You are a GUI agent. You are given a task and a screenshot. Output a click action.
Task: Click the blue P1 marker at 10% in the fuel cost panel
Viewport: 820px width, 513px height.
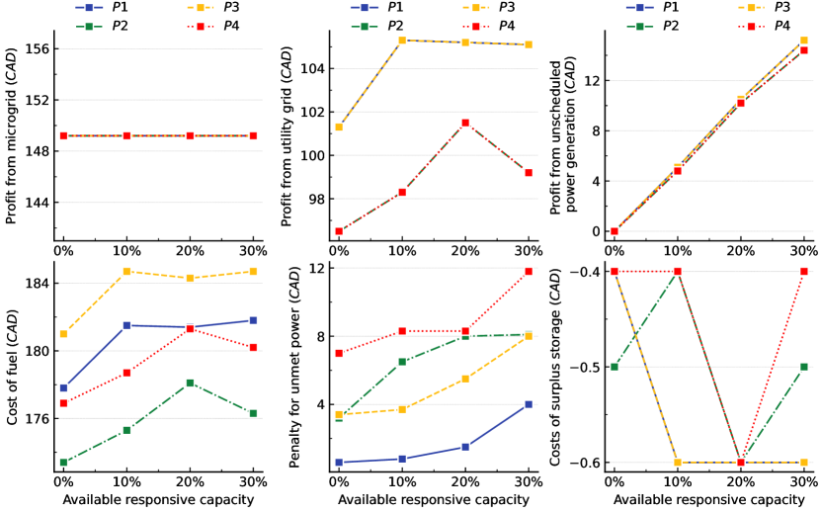126,325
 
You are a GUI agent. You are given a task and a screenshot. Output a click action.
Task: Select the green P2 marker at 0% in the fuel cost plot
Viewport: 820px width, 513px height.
63,463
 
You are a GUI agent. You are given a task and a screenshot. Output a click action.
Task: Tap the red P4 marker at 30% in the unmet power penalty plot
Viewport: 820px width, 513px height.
529,271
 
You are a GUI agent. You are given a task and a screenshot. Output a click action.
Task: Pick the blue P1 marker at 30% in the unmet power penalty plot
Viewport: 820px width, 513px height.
529,404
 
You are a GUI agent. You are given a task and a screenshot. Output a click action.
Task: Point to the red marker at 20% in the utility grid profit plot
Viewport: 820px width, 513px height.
465,123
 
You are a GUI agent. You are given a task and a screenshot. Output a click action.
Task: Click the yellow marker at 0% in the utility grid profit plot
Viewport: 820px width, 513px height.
338,127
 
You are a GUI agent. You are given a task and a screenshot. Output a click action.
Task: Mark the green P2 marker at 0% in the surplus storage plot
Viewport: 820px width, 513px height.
614,367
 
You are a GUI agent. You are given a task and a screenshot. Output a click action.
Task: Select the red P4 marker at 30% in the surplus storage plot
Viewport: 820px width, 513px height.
804,271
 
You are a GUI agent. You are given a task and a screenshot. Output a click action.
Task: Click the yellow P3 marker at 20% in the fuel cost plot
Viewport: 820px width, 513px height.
191,278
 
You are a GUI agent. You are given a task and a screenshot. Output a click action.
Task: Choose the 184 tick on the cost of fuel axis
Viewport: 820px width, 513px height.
38,284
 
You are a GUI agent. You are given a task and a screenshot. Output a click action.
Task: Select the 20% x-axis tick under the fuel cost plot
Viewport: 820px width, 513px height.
191,481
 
